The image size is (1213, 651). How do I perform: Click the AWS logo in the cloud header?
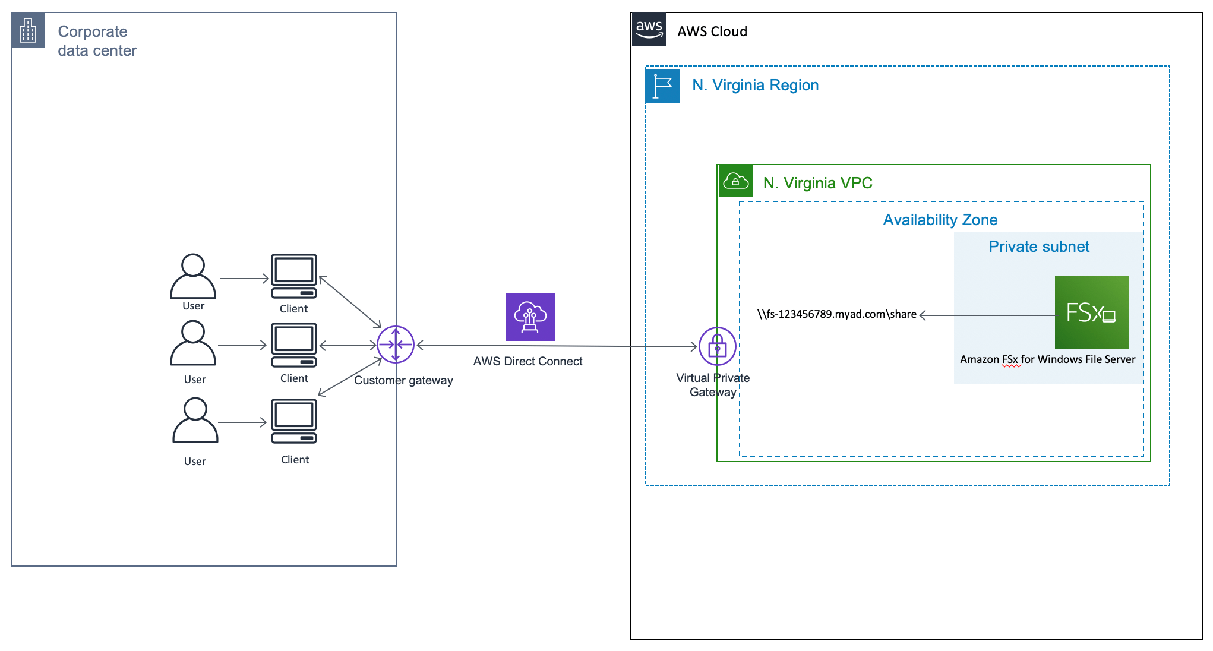[x=649, y=30]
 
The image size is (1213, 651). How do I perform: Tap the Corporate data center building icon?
[x=28, y=30]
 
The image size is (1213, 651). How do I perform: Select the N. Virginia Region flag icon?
[x=662, y=86]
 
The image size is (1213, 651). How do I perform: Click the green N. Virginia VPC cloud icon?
[x=735, y=181]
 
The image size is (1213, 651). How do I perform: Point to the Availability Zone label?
[x=940, y=220]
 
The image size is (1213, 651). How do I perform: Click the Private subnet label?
[x=1038, y=247]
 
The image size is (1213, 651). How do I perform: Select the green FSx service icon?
[x=1091, y=312]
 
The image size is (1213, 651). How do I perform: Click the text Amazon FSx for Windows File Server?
[x=1047, y=359]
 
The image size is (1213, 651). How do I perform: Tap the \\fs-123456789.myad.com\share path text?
[x=836, y=314]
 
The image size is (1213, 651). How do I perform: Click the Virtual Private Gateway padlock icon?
[x=717, y=346]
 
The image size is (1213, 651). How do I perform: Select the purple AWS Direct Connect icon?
[x=530, y=317]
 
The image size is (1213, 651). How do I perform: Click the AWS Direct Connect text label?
[x=527, y=361]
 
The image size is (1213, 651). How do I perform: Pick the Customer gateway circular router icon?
[x=396, y=345]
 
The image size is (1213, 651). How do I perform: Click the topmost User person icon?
[x=193, y=276]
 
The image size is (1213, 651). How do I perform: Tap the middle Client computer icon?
[x=294, y=345]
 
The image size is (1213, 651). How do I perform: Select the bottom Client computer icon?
[x=294, y=421]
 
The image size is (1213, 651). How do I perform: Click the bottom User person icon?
[x=195, y=420]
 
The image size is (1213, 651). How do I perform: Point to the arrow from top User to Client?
[x=244, y=278]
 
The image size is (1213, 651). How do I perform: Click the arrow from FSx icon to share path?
[x=986, y=315]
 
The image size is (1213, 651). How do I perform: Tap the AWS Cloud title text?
[x=712, y=31]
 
